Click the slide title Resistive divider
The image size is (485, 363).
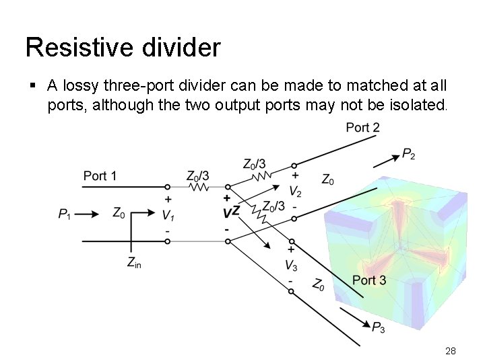(123, 47)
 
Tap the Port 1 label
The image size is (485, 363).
(100, 176)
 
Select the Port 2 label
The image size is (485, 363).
(362, 128)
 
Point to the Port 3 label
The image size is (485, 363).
(369, 280)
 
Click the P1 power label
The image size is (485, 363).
(65, 214)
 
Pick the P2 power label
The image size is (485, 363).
(409, 155)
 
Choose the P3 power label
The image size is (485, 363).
(379, 328)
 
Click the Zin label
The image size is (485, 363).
(134, 263)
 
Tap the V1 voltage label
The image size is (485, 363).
(168, 214)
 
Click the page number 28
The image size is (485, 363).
(451, 351)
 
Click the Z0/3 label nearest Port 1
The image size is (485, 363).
(197, 175)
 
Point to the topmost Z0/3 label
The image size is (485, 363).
(254, 163)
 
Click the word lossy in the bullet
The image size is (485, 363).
(92, 86)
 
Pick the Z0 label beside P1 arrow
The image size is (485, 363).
(119, 214)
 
